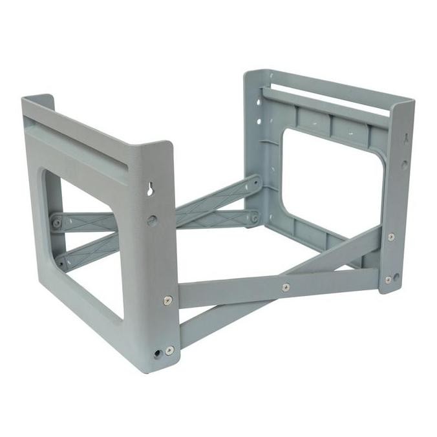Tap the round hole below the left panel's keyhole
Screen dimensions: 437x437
(152, 220)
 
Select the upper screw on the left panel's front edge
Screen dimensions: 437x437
(168, 301)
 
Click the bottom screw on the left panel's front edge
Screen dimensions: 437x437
(169, 350)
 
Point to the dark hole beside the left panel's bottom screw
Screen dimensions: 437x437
(158, 354)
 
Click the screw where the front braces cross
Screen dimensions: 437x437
(286, 287)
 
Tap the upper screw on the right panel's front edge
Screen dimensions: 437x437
(391, 237)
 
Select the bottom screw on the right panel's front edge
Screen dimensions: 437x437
(389, 280)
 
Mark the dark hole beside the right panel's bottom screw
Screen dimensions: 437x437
(396, 277)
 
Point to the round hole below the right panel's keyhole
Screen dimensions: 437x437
(404, 165)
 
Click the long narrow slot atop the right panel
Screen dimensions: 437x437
(330, 95)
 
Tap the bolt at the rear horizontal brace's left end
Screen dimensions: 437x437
(57, 223)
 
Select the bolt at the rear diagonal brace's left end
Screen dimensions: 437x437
(61, 262)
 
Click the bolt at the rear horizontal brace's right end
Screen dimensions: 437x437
(254, 218)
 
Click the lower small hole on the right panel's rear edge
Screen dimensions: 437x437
(259, 121)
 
